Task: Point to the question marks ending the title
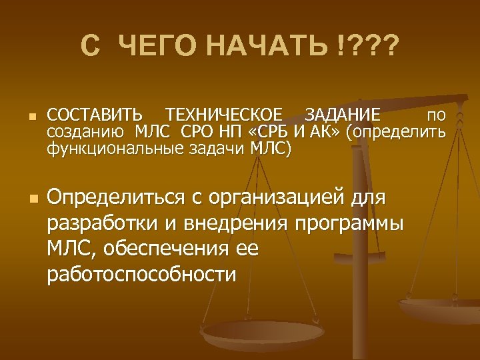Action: (x=370, y=47)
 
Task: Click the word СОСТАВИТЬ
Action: (x=95, y=115)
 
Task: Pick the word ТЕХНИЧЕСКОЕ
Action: (x=224, y=115)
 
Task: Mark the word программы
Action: (x=348, y=224)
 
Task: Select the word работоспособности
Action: (x=141, y=274)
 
